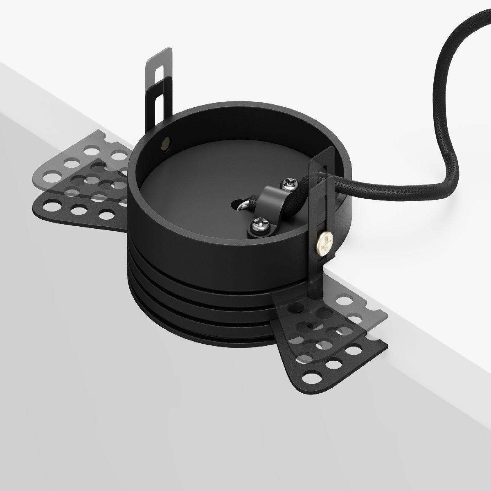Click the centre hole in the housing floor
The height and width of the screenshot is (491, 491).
coord(238,202)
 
